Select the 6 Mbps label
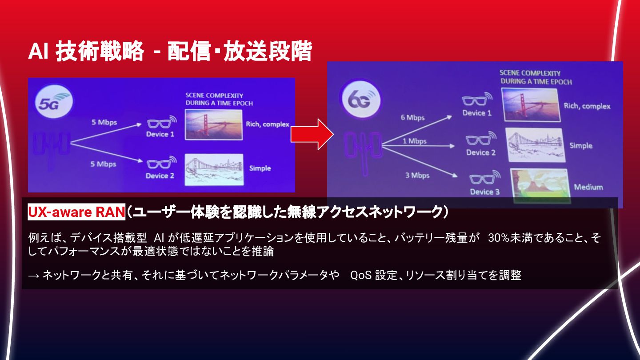(x=413, y=118)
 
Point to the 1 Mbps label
(x=414, y=141)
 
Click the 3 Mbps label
(x=417, y=175)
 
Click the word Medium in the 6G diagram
(x=588, y=187)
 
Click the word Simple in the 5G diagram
(x=260, y=168)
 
